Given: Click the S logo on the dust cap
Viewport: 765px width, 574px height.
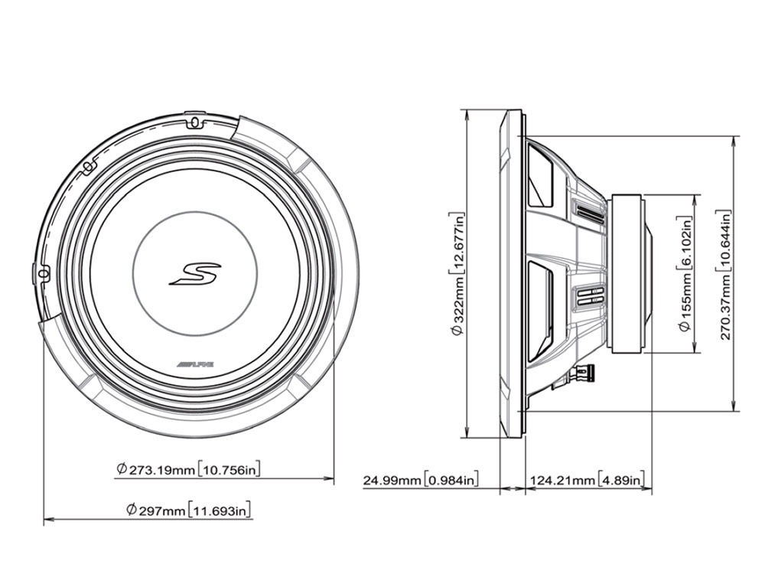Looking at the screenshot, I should point(195,274).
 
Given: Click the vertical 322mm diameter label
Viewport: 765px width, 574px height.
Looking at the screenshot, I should point(457,276).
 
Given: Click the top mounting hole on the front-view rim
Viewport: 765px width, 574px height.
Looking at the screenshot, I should point(194,122).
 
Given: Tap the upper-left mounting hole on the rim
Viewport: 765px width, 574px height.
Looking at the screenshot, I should point(89,165).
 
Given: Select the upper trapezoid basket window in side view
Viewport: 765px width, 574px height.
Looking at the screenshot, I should point(541,178).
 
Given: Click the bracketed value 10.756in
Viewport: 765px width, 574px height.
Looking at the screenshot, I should point(227,469).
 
